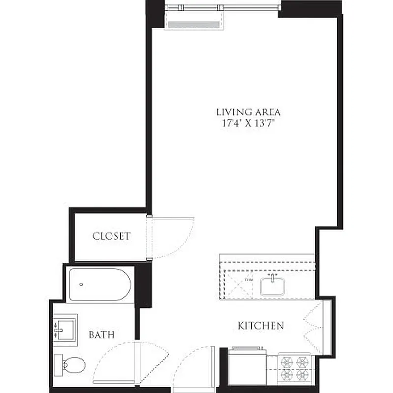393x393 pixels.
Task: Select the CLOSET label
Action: [x=112, y=236]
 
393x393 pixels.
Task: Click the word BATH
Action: [x=102, y=335]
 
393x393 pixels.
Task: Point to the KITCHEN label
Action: [x=261, y=325]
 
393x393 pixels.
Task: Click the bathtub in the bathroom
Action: [x=99, y=284]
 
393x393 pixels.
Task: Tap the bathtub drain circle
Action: [x=81, y=284]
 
